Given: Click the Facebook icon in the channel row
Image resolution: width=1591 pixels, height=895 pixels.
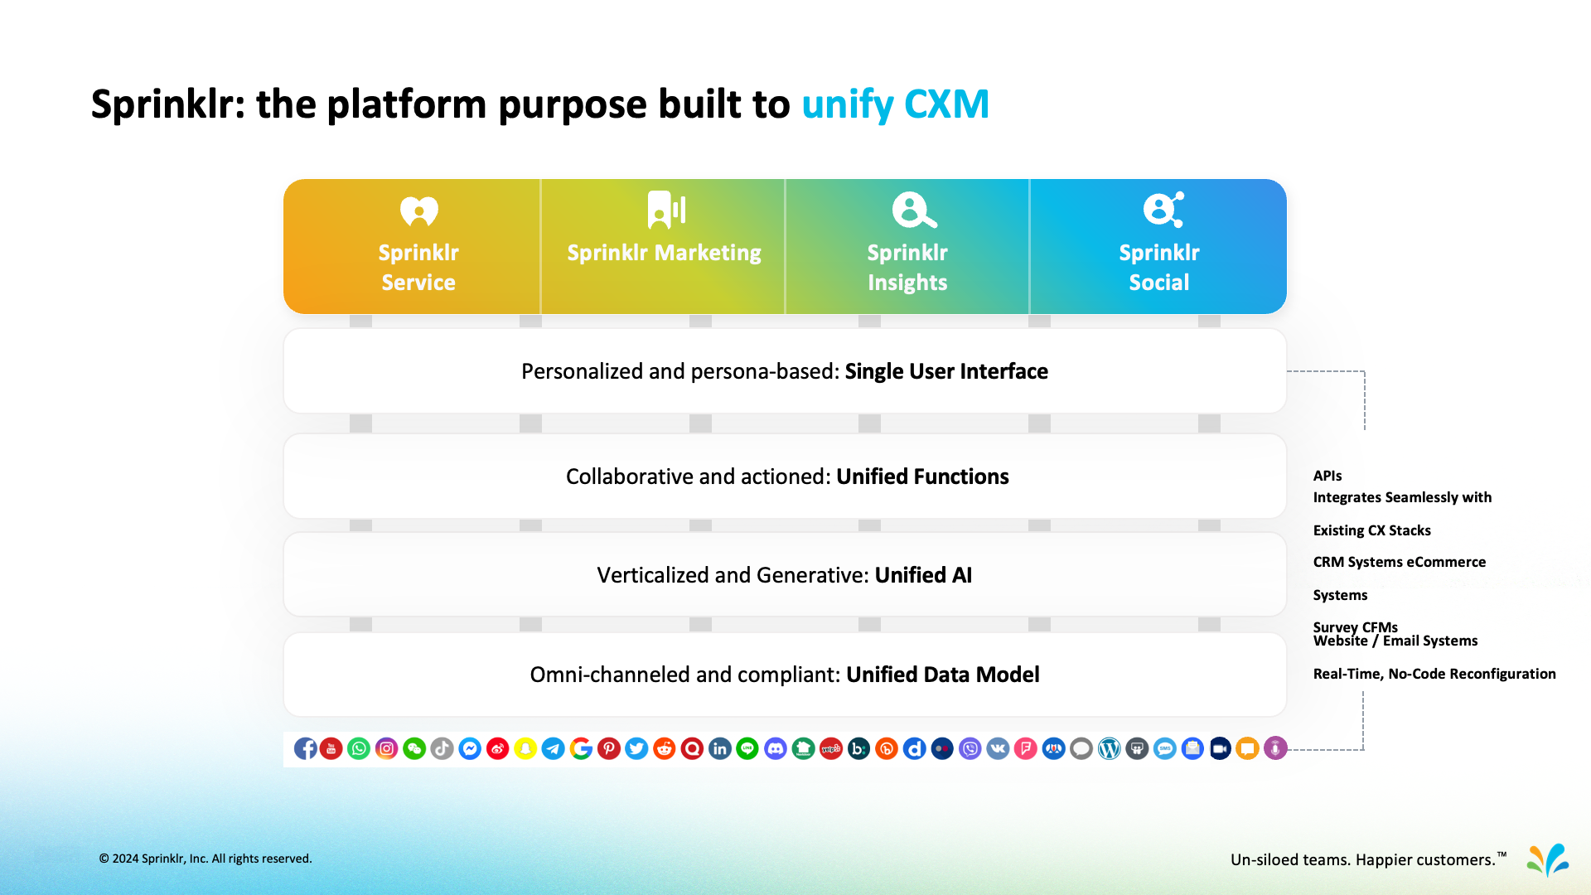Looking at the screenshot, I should (x=305, y=749).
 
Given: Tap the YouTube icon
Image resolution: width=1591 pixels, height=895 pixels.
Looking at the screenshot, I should (x=331, y=749).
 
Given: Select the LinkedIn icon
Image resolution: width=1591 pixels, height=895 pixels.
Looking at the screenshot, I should (x=719, y=749).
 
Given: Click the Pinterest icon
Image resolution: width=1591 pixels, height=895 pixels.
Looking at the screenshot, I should (x=609, y=749).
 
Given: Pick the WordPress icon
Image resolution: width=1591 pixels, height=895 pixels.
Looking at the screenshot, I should (x=1109, y=749).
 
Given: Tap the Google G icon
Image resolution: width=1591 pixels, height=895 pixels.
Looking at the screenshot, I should (x=581, y=749).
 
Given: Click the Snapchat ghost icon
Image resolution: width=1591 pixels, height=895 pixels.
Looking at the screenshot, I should (x=525, y=749).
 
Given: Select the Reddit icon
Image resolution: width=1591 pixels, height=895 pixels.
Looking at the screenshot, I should (x=664, y=749).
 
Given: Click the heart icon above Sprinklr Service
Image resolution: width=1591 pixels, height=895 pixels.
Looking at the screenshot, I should (x=418, y=211).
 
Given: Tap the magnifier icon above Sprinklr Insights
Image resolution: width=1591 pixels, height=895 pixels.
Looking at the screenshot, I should (x=913, y=210).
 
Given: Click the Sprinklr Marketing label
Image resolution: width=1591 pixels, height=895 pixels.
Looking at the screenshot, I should (x=664, y=253).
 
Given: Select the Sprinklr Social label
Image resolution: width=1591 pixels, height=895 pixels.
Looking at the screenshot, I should (x=1158, y=267).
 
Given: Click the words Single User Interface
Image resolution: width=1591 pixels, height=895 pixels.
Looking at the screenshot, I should (x=946, y=371).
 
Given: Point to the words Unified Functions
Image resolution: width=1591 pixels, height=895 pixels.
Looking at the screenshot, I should (x=922, y=477).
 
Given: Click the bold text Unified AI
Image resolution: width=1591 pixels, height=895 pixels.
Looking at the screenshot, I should (x=923, y=575).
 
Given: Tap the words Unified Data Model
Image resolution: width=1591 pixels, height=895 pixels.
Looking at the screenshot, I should (x=942, y=675).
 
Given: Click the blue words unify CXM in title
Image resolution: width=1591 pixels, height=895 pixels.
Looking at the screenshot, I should (x=895, y=104).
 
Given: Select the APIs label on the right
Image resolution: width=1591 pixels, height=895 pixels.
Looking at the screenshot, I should (x=1327, y=476).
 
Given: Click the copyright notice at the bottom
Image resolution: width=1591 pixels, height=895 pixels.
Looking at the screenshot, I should (x=206, y=859).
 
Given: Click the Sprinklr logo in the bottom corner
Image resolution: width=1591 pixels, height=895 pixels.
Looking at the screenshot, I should (x=1547, y=860).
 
